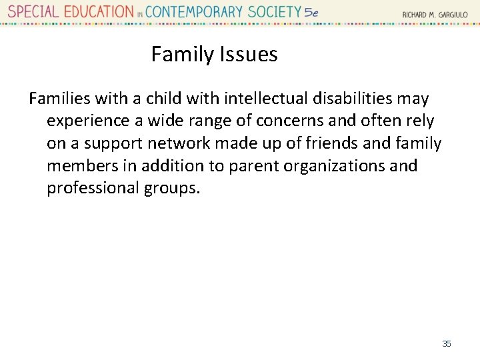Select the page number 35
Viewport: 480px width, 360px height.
click(x=447, y=343)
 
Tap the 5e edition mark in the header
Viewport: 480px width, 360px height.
click(x=311, y=12)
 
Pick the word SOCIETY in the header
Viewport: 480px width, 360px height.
click(x=275, y=11)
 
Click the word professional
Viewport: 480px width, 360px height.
click(x=93, y=188)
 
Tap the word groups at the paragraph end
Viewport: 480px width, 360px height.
click(x=171, y=188)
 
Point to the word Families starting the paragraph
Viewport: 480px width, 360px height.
click(x=60, y=99)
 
